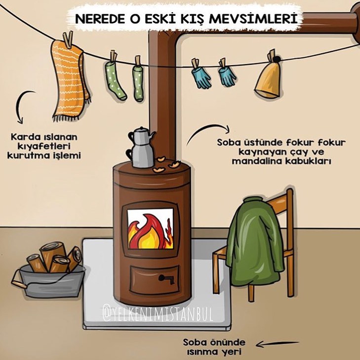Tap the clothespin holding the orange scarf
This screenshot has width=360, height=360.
[68, 40]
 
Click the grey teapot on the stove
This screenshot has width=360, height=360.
[141, 147]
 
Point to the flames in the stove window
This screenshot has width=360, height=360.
[150, 232]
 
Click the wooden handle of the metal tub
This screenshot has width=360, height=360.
[18, 283]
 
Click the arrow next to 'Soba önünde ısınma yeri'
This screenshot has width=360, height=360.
[278, 344]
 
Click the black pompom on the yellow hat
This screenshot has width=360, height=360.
[277, 59]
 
